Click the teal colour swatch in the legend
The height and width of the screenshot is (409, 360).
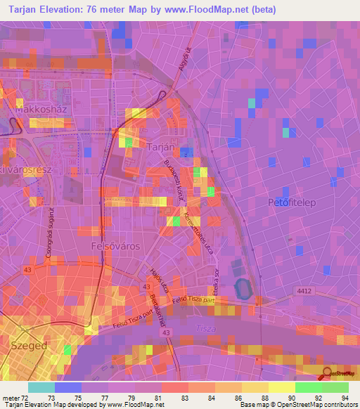41,387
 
